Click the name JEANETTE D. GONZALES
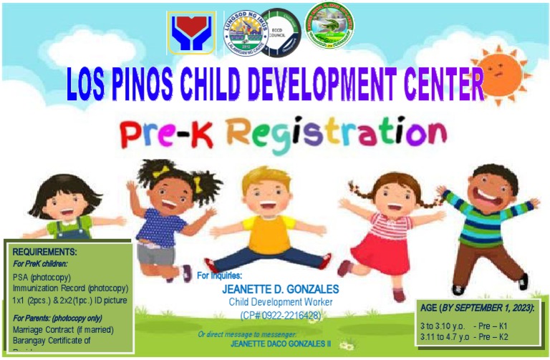(x=270, y=290)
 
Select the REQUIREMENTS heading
(x=44, y=252)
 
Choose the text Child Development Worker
(x=271, y=301)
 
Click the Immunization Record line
(x=70, y=288)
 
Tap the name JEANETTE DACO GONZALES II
(x=279, y=344)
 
